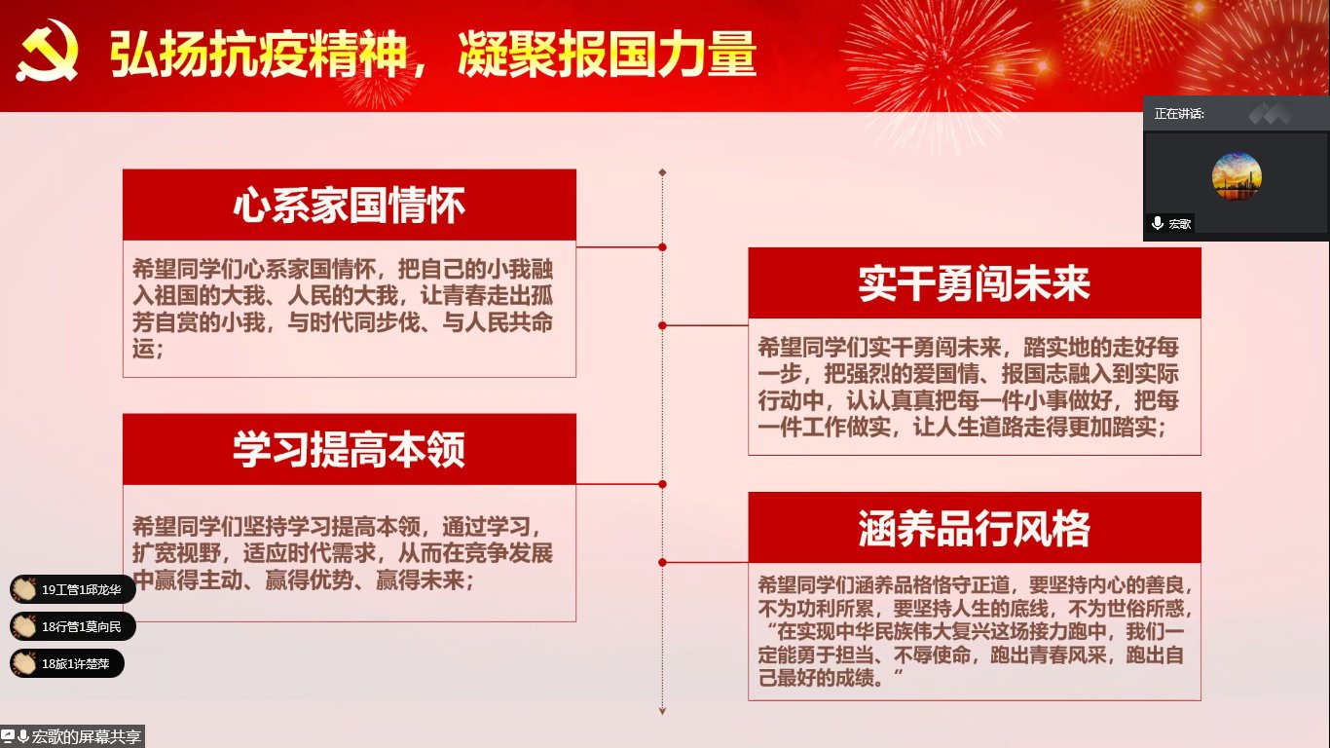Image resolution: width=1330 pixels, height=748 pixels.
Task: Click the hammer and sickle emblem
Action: pos(47,51)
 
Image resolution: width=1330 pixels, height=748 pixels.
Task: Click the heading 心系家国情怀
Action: pos(350,206)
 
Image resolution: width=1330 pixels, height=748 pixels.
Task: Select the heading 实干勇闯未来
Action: pos(975,283)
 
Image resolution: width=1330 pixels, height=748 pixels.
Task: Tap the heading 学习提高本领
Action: pos(350,450)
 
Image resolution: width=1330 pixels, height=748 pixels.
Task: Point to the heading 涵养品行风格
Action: pos(975,528)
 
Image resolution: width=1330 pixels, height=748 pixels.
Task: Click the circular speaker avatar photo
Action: pos(1237,176)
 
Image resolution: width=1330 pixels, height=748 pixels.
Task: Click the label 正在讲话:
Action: pos(1179,114)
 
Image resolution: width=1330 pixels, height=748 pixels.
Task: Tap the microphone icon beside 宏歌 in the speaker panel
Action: pos(1158,223)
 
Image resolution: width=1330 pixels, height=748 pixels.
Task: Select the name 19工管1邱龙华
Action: pos(82,589)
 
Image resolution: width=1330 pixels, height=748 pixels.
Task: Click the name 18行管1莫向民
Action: pos(82,626)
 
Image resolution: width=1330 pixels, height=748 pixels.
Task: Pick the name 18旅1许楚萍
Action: pos(75,663)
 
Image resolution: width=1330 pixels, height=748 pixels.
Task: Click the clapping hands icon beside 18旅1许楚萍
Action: pos(24,663)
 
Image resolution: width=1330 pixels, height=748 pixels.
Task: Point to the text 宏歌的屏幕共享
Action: pos(86,737)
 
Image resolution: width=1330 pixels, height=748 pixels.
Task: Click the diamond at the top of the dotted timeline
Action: pos(662,172)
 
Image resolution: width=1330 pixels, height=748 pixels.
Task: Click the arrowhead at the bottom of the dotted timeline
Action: pos(662,711)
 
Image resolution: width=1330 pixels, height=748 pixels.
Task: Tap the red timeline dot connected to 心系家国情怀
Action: pos(662,247)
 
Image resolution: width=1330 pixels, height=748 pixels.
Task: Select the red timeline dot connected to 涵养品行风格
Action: pos(662,562)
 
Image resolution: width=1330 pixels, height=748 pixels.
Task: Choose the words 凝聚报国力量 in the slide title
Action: pos(608,55)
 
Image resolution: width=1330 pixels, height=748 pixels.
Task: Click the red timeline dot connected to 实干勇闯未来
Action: pos(662,325)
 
